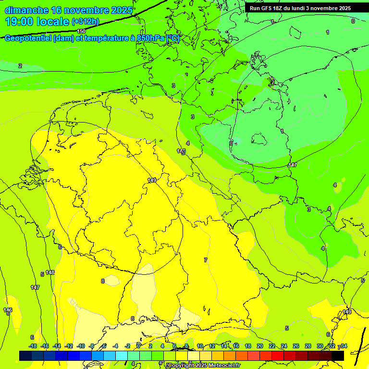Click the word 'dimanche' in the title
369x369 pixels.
tap(26, 10)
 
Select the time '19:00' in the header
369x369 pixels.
tap(20, 22)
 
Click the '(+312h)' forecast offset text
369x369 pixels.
tap(86, 22)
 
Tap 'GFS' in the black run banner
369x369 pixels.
tap(268, 8)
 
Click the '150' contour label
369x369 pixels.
tap(81, 31)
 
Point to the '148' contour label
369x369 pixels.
tap(50, 272)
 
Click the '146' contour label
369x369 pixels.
tap(8, 310)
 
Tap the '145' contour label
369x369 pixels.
tap(181, 151)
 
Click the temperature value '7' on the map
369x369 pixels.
tap(206, 260)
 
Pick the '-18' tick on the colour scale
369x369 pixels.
tap(33, 346)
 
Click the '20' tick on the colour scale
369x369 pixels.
tap(260, 346)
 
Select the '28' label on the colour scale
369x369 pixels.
tap(307, 346)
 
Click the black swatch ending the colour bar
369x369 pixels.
tap(337, 356)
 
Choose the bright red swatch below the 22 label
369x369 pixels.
tap(278, 356)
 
